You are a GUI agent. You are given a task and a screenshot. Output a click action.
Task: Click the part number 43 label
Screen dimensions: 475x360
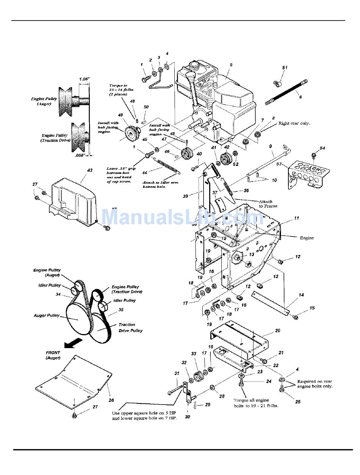click(90, 170)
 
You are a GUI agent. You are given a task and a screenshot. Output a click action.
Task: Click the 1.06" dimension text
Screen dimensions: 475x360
click(84, 79)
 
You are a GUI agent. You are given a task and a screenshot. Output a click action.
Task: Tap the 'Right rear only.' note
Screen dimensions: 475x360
click(294, 123)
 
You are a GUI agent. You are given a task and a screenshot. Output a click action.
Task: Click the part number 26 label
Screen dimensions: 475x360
click(111, 400)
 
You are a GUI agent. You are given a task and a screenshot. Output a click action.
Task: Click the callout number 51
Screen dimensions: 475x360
click(285, 67)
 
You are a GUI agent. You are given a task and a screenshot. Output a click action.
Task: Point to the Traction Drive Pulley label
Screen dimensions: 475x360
click(130, 328)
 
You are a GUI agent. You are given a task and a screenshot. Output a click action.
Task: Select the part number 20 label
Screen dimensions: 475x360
click(278, 331)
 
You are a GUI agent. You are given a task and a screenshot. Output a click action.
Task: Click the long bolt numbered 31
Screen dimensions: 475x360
click(172, 391)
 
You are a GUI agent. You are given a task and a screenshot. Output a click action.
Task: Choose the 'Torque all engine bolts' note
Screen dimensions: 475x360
click(256, 403)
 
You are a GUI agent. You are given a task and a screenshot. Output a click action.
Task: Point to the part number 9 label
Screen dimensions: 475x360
click(271, 146)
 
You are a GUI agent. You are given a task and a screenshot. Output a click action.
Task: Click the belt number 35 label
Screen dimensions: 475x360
click(121, 309)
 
